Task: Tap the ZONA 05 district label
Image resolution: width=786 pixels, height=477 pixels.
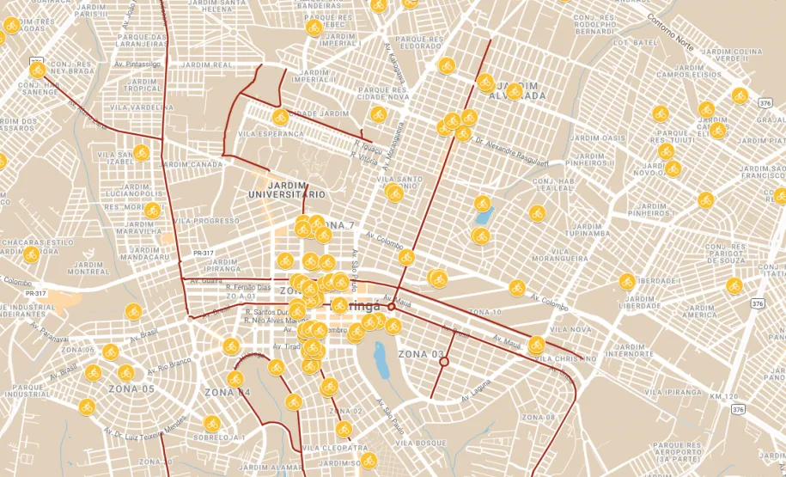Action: pyautogui.click(x=131, y=388)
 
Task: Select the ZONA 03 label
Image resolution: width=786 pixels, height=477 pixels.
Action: pyautogui.click(x=422, y=353)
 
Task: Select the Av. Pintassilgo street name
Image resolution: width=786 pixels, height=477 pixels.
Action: pyautogui.click(x=139, y=64)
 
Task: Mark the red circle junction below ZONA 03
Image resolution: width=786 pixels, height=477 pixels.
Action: pyautogui.click(x=444, y=363)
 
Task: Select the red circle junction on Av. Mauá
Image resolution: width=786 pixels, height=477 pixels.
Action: pyautogui.click(x=391, y=307)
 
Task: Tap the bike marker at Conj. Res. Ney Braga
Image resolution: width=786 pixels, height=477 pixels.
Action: pyautogui.click(x=37, y=70)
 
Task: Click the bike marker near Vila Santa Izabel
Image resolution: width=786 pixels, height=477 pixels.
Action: pyautogui.click(x=141, y=152)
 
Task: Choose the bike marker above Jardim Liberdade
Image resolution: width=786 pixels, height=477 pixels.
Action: pyautogui.click(x=627, y=281)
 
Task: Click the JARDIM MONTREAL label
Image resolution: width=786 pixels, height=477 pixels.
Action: pyautogui.click(x=88, y=266)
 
